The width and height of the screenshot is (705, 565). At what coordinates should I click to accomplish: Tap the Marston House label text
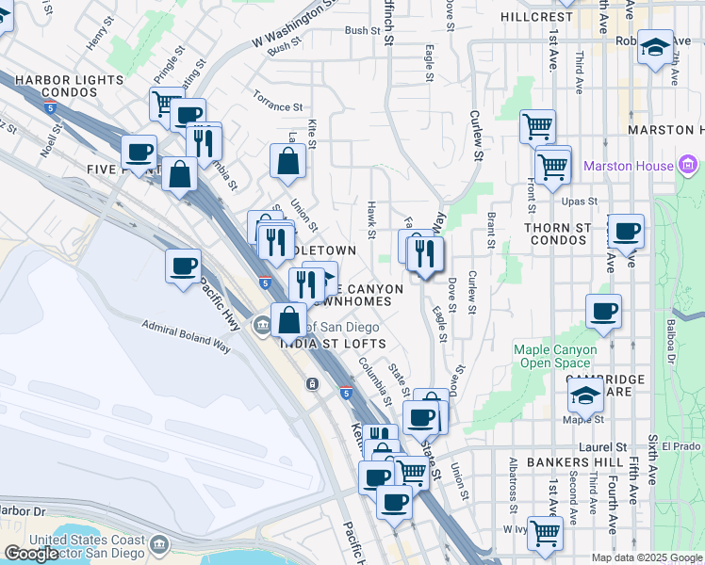(x=629, y=167)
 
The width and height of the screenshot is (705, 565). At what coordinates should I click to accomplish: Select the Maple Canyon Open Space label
(x=555, y=356)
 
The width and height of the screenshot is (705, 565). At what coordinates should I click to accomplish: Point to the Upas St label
(x=580, y=201)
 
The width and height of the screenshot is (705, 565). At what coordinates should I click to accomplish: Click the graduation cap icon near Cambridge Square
(x=585, y=393)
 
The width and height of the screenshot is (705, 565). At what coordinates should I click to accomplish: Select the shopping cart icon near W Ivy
(x=545, y=532)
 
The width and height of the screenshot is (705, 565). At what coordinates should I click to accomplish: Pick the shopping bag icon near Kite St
(x=287, y=161)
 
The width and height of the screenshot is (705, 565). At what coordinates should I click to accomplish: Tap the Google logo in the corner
(x=31, y=554)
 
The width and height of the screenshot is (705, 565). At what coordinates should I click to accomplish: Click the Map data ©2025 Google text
(x=647, y=557)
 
